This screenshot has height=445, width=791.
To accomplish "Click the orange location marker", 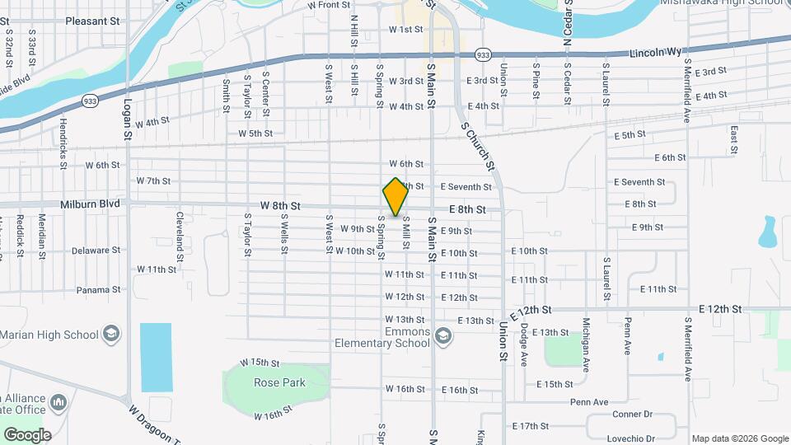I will (x=395, y=197).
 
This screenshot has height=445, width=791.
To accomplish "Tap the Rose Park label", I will (x=280, y=382).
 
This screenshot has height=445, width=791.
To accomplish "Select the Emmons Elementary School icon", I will (x=443, y=336).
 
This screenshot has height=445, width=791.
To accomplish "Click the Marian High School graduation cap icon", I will (x=111, y=334).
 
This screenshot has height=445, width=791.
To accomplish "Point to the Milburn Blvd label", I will (x=91, y=204).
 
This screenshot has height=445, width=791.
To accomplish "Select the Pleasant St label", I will (x=92, y=21).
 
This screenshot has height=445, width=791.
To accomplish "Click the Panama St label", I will (x=99, y=290).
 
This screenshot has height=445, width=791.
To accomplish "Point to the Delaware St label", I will (x=96, y=250).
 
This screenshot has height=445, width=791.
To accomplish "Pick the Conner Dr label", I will (x=632, y=415).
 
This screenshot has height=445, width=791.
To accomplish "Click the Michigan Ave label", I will (x=586, y=345).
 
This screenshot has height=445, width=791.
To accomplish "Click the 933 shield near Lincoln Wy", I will (x=484, y=54).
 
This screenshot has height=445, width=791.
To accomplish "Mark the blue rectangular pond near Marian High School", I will (x=156, y=357).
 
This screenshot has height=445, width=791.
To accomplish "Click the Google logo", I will (x=27, y=434).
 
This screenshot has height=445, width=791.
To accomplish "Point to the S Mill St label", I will (x=405, y=233).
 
